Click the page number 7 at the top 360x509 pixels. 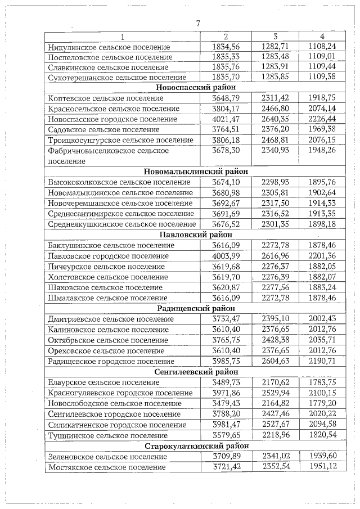point(197,23)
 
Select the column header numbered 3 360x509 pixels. point(275,37)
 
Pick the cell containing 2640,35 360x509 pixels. point(275,119)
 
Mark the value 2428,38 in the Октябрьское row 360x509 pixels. point(275,340)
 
